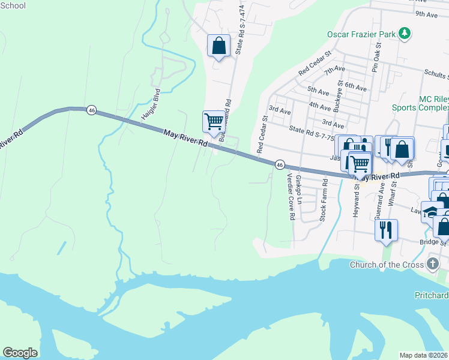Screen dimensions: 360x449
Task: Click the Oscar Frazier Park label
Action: coord(361,34)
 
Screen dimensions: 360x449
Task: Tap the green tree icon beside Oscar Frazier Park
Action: coord(405,34)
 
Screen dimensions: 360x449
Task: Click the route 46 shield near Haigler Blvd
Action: coord(91,110)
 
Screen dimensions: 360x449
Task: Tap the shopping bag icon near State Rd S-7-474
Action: coord(218,46)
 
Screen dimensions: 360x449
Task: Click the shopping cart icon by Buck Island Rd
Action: coord(214,122)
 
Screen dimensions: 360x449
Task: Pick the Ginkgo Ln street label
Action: coord(298,191)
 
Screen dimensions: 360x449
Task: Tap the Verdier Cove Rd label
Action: coord(291,197)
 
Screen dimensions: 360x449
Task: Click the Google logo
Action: coord(20,353)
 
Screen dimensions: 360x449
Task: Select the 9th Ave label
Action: coord(424,13)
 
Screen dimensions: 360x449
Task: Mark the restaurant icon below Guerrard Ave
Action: coord(385,229)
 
